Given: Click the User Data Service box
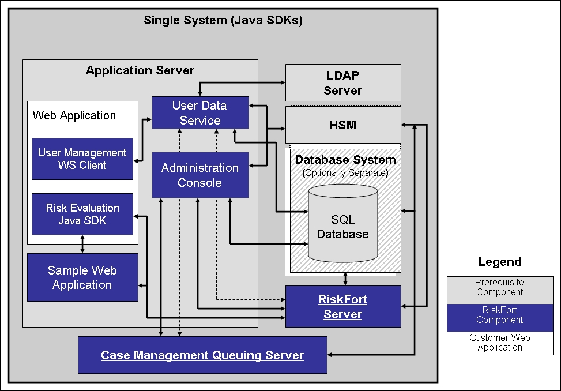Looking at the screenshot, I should pos(200,113).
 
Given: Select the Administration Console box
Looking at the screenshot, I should pos(200,175).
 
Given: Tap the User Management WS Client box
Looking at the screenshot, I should pos(82,159).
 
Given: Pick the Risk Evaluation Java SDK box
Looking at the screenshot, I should pos(82,214).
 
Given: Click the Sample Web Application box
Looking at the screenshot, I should pos(82,277).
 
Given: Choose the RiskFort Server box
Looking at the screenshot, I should pos(342,307).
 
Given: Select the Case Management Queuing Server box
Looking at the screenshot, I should pos(202,355).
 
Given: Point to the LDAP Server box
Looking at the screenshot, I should pos(342,82).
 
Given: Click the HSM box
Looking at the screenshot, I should pos(342,125).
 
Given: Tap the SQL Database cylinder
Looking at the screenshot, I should pos(342,226).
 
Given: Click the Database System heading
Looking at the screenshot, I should pos(345,160).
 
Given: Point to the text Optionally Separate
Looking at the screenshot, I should pos(345,172).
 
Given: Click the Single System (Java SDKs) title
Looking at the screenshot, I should pos(223,20).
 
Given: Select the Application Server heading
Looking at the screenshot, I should pos(140,70).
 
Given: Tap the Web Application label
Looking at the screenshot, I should pos(74,115).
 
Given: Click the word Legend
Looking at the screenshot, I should pos(499,262).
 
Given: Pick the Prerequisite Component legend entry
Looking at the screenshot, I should pos(499,287).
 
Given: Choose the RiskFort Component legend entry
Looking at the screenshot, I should pos(499,315).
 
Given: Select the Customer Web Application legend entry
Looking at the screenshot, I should pos(499,343).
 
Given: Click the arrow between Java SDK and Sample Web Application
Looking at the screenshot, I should pos(82,244).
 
